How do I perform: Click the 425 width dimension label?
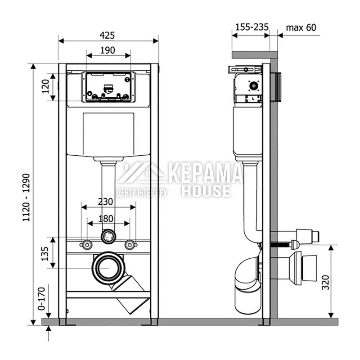(107, 36)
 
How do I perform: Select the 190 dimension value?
(108, 50)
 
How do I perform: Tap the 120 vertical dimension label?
(45, 86)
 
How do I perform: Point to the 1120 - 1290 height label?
(26, 198)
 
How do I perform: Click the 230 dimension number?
(106, 202)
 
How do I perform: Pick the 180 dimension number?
(106, 219)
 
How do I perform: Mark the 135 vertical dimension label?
(45, 254)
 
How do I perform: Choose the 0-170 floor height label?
(42, 298)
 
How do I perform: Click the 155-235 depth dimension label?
(252, 27)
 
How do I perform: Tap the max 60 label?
(301, 27)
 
